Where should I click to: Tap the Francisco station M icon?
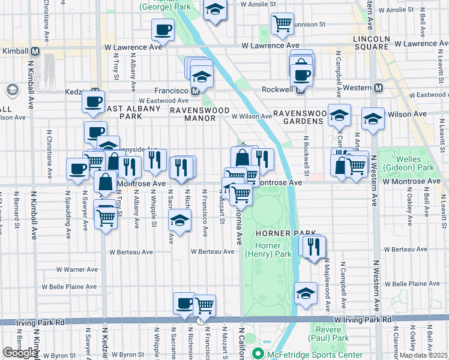(196, 91)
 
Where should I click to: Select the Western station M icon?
(378, 88)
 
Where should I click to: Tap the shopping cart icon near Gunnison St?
(282, 24)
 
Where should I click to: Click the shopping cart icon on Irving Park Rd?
(205, 305)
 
